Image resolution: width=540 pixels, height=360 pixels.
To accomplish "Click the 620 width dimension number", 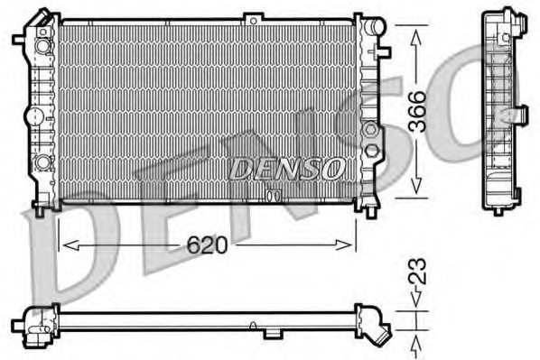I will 207,244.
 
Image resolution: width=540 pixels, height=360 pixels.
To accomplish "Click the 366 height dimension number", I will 418,112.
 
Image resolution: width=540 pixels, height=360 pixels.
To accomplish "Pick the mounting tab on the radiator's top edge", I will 256,18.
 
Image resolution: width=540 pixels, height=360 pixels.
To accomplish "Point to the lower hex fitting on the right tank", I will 370,150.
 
